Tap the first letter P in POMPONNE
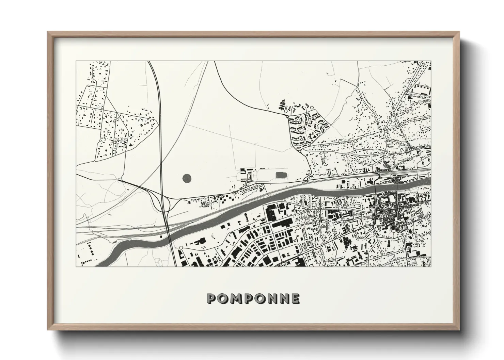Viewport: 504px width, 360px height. click(x=211, y=298)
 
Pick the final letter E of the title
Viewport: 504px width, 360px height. click(x=296, y=298)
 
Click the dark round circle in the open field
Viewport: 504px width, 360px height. click(x=187, y=178)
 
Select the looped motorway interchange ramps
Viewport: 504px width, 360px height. click(x=164, y=204)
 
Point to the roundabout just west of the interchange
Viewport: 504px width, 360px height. click(x=121, y=179)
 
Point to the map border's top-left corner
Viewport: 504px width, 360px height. click(x=76, y=61)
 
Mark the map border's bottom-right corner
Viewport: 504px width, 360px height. click(x=431, y=266)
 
